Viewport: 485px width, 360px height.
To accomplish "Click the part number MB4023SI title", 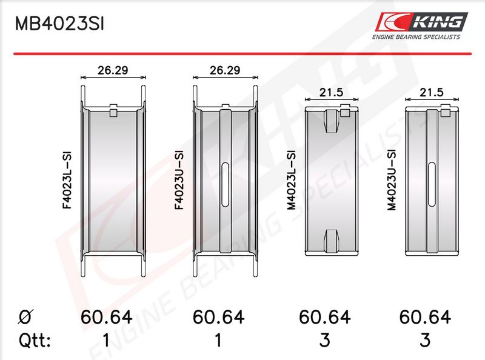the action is [59, 24].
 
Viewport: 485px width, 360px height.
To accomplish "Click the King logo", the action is [421, 22].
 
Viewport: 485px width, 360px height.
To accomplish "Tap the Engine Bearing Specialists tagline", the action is [416, 37].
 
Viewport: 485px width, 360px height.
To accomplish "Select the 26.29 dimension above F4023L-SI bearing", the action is [113, 70].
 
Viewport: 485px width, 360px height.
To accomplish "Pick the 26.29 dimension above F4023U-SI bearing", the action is [225, 70].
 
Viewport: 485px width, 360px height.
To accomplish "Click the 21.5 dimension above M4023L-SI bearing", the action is [331, 92].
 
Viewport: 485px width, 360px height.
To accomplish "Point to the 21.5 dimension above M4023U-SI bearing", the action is [432, 92].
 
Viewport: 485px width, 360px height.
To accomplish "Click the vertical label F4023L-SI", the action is [67, 180].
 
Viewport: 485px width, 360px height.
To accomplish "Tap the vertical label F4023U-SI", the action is [179, 180].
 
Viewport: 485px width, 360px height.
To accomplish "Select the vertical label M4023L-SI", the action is [292, 180].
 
